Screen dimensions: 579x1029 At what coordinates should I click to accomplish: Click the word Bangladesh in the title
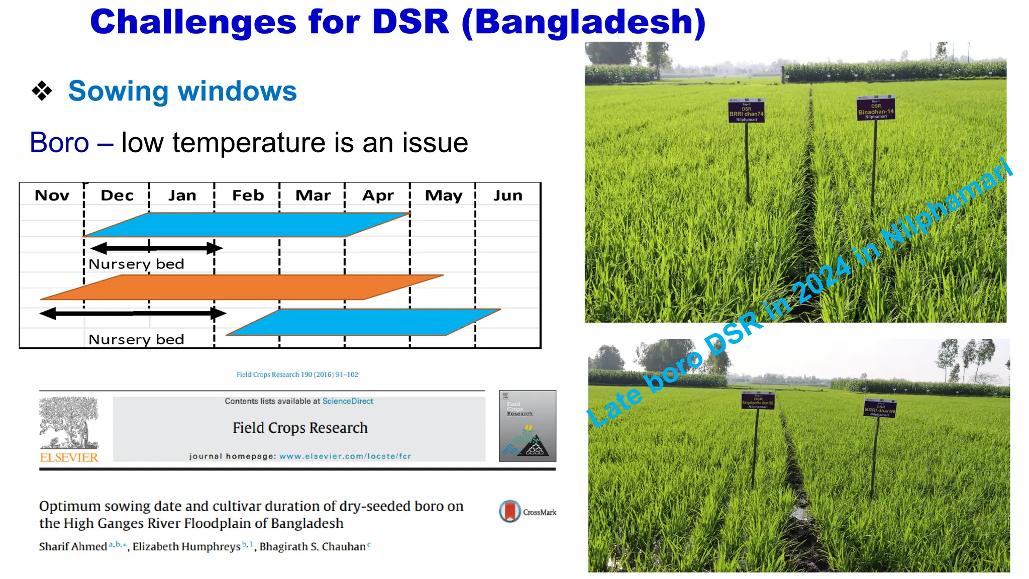tap(583, 23)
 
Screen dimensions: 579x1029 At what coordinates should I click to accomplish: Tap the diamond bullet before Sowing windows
tap(42, 91)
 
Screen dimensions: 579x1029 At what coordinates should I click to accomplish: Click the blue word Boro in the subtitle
tap(59, 143)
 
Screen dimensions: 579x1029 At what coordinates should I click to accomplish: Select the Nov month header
tap(52, 196)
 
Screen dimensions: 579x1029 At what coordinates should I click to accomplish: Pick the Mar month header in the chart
tap(313, 196)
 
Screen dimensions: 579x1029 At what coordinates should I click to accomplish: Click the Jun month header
tap(507, 196)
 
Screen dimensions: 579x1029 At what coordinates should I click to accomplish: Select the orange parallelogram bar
tap(241, 287)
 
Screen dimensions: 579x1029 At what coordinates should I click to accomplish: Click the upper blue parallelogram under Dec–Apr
tap(246, 225)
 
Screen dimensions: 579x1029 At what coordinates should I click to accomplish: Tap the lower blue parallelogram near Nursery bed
tap(362, 322)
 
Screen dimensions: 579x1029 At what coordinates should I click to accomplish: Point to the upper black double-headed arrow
tap(156, 248)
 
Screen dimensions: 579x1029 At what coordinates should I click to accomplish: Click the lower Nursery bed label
tap(136, 340)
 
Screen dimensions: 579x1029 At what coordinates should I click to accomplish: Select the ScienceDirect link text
tap(348, 401)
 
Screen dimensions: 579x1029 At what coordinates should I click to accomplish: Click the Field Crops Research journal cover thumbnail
tap(527, 426)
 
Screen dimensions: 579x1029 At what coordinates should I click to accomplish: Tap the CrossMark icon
tap(510, 512)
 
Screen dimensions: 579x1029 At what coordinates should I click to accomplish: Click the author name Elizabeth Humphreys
tap(186, 547)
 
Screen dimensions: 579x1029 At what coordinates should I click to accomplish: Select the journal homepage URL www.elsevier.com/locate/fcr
tap(345, 456)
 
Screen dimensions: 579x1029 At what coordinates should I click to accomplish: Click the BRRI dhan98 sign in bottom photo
tap(880, 408)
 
